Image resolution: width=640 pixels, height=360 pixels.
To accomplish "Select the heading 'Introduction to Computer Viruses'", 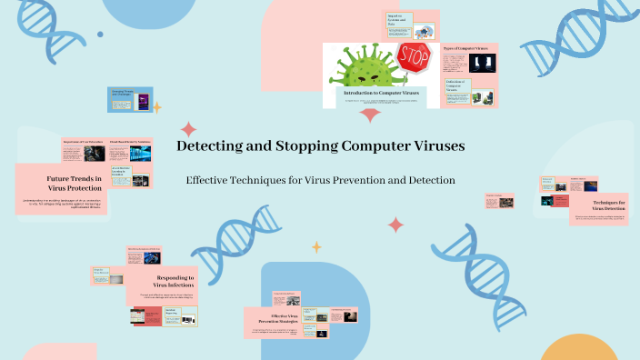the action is tap(381, 92).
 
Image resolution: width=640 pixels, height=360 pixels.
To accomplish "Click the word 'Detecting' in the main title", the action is tap(212, 145).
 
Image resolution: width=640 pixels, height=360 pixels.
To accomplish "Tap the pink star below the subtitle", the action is tap(395, 224).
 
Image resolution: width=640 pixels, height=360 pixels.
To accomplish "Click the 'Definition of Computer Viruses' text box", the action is tap(455, 88).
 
